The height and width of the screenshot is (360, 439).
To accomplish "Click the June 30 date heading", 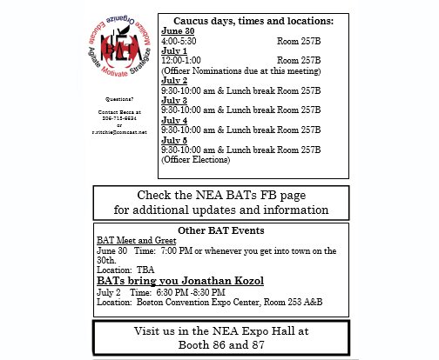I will [179, 31].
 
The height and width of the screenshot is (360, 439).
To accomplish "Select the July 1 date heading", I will [176, 50].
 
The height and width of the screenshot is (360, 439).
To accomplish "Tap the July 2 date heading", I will [176, 78].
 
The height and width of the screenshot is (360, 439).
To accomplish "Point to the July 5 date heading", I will [176, 138].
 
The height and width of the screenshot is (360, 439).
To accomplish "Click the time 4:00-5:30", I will [179, 41].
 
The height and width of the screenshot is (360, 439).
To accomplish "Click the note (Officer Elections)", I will [196, 159].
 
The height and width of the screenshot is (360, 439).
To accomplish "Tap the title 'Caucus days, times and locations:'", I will [253, 20].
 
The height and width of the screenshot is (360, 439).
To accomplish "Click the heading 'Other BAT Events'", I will [221, 230].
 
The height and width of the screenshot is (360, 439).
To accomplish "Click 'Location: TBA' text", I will [125, 270].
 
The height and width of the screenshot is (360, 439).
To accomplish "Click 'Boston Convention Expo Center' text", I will [192, 303].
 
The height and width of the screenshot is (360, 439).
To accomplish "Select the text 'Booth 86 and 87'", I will [221, 344].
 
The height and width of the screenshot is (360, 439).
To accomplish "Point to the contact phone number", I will [120, 119].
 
